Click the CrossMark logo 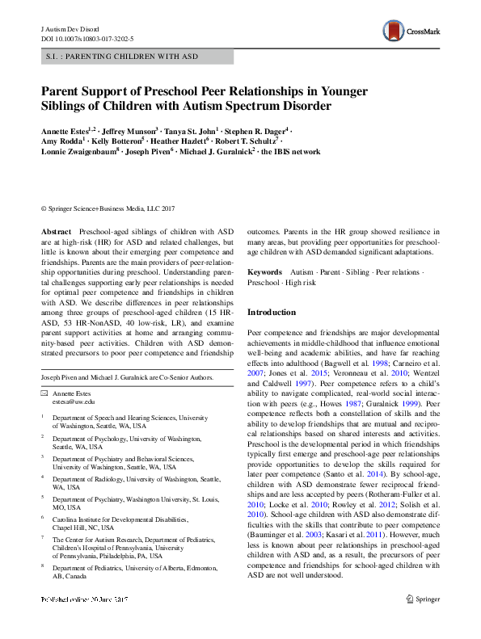(411, 32)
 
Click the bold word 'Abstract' (56, 231)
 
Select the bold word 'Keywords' (264, 273)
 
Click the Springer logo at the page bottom (424, 599)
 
